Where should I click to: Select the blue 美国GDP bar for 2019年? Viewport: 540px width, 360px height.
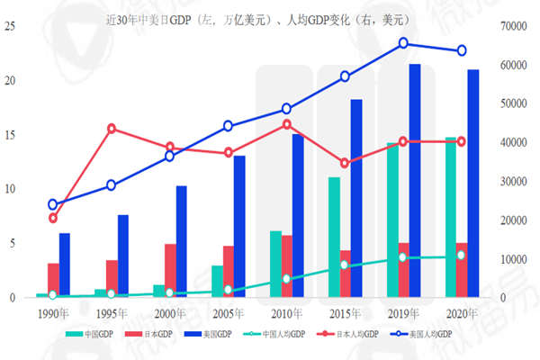[x=415, y=180]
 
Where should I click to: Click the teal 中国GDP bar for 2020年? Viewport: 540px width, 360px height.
[x=450, y=217]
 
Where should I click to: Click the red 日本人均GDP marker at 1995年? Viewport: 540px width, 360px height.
[x=112, y=128]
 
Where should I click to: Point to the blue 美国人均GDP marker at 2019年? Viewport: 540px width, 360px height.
[x=403, y=43]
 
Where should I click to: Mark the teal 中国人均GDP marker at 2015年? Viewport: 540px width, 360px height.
[x=345, y=265]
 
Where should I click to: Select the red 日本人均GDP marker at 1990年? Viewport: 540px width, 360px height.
[x=53, y=218]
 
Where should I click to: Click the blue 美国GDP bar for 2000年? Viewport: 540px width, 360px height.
[x=181, y=241]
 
